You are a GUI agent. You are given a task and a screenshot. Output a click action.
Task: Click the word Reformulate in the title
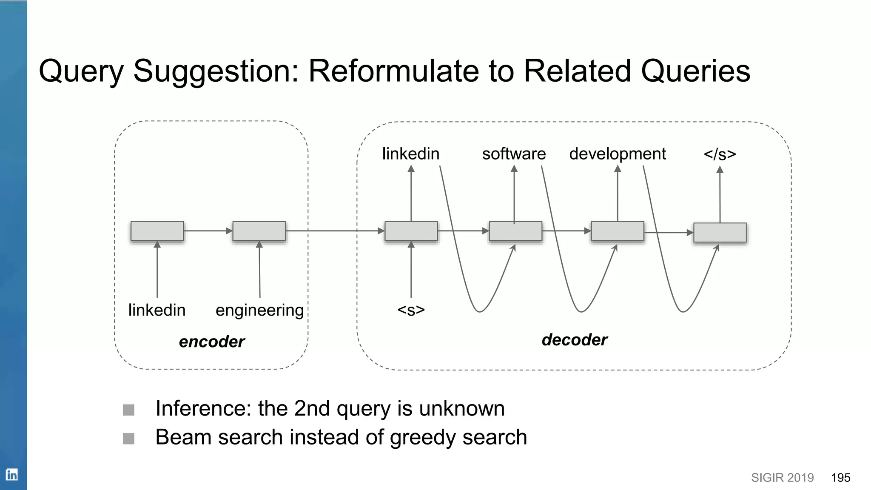coord(393,71)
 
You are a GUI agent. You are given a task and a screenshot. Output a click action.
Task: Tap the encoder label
coord(211,342)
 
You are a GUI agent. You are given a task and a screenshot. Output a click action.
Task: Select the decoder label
coord(574,340)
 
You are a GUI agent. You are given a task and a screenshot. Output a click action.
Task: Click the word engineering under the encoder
coord(259,311)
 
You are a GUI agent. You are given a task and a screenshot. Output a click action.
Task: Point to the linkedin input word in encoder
coord(157,310)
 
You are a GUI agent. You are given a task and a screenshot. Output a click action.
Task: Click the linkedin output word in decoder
coord(410,154)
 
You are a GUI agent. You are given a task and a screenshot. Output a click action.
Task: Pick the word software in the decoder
coord(514,154)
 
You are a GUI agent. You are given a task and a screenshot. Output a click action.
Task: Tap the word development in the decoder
coord(617,154)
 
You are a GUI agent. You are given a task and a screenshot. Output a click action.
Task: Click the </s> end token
coord(720,154)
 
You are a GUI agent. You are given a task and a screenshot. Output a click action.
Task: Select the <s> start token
coord(411,310)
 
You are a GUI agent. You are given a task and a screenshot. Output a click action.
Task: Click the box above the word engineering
coord(259,231)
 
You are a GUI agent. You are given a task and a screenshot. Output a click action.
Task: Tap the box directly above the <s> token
coord(411,231)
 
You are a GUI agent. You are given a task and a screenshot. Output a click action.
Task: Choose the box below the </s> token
coord(720,233)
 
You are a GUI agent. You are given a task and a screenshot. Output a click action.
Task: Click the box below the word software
coord(515,231)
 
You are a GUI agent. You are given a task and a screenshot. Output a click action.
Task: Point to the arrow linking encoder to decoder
coord(334,231)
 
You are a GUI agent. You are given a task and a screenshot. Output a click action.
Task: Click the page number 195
coord(840,478)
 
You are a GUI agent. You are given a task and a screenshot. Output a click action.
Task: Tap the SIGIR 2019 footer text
coord(782,478)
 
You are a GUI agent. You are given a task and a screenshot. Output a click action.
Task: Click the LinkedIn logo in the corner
coord(11,474)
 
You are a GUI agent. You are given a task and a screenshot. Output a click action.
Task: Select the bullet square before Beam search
coord(128,439)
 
